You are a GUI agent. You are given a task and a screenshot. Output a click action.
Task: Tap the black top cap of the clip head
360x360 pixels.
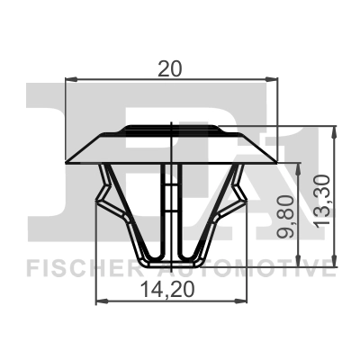(x=171, y=129)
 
